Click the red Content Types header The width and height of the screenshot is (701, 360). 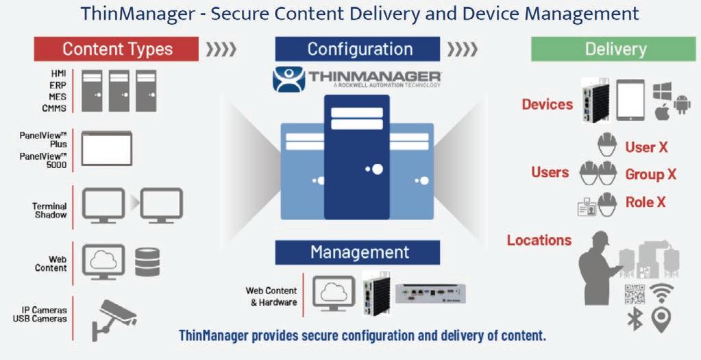click(116, 49)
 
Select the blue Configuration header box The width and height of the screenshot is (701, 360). click(357, 49)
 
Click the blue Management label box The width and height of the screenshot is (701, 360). click(357, 252)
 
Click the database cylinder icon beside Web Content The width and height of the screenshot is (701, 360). click(147, 261)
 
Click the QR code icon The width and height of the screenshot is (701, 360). click(634, 293)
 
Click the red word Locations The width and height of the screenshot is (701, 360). click(539, 240)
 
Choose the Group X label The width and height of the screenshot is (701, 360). click(650, 174)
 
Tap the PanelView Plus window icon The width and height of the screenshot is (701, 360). click(106, 147)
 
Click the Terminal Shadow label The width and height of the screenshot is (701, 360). click(49, 210)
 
